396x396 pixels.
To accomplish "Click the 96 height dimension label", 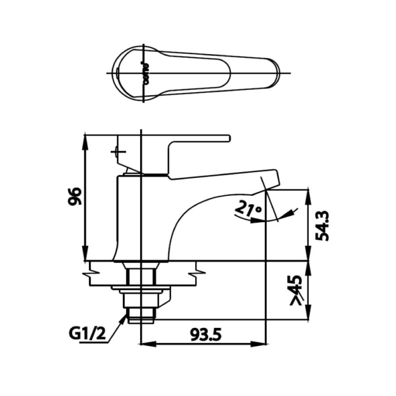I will [x=75, y=197].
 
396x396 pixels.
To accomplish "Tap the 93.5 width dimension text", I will [x=205, y=335].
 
